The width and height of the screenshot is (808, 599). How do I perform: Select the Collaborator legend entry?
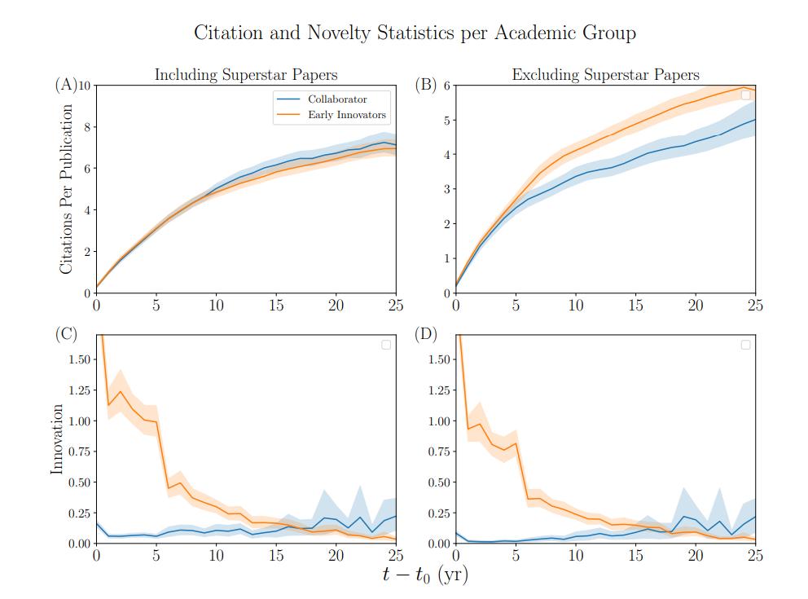[337, 99]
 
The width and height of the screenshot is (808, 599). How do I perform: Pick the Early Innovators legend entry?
[347, 115]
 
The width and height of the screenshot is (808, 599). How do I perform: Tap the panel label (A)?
[65, 84]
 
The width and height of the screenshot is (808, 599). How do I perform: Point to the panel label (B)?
[426, 84]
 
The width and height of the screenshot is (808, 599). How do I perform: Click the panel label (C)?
[65, 334]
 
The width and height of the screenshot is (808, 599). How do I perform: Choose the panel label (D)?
[426, 334]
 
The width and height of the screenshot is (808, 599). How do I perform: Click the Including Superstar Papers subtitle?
[245, 75]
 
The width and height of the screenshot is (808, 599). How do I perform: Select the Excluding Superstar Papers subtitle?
[605, 75]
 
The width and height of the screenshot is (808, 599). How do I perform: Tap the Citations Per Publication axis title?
[68, 189]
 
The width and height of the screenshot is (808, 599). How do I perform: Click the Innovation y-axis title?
[57, 439]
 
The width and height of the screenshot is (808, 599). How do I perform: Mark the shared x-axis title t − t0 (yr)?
[425, 575]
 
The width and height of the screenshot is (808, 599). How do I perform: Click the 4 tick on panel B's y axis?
[446, 155]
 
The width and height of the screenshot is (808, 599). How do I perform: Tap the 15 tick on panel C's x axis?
[276, 556]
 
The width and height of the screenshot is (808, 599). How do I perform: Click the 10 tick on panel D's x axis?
[576, 556]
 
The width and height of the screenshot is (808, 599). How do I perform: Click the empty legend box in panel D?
[746, 345]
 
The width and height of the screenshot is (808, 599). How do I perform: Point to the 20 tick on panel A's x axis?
[336, 306]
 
